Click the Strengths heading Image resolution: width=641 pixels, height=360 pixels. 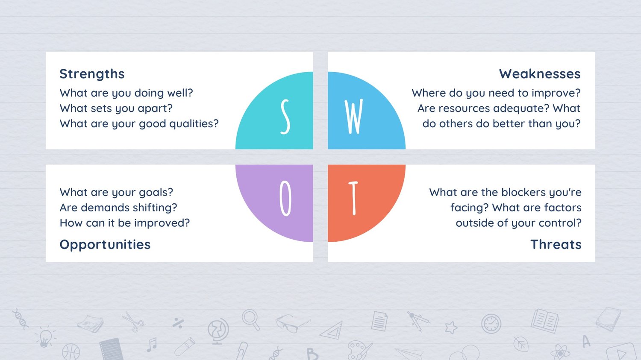pos(92,74)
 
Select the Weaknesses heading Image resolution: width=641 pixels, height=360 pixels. pos(540,74)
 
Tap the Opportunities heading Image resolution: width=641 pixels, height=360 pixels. pos(105,245)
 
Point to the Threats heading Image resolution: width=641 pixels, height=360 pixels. pos(556,244)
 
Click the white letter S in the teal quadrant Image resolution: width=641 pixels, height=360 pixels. pos(285,117)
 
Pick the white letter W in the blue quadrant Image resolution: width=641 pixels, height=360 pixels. pos(354,117)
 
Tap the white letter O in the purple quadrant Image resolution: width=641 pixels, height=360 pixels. pos(285,198)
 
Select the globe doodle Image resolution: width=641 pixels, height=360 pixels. pos(218,331)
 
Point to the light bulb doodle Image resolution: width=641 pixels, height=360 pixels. pos(45,337)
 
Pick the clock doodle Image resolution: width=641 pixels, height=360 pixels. pos(491,324)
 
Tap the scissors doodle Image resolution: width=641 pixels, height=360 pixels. pos(133,322)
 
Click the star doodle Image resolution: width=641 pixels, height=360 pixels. pos(451,328)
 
